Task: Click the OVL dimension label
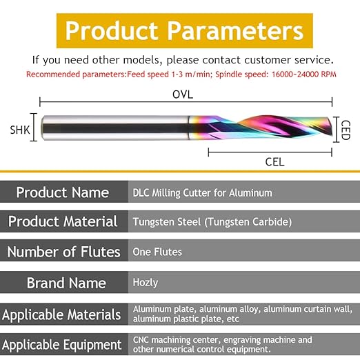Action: pyautogui.click(x=183, y=94)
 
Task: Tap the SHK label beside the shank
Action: pyautogui.click(x=20, y=130)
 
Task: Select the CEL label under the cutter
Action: pyautogui.click(x=274, y=162)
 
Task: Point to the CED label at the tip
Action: pyautogui.click(x=346, y=130)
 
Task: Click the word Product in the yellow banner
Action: pyautogui.click(x=112, y=31)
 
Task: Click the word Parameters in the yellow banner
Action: pyautogui.click(x=235, y=31)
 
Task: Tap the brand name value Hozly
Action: pyautogui.click(x=146, y=283)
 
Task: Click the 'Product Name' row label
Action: pyautogui.click(x=63, y=192)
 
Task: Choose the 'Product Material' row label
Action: pyautogui.click(x=63, y=221)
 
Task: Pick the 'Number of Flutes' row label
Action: pyautogui.click(x=63, y=252)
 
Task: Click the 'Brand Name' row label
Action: pyautogui.click(x=66, y=283)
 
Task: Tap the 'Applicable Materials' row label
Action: pyautogui.click(x=61, y=314)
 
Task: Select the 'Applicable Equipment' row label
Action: pyautogui.click(x=61, y=345)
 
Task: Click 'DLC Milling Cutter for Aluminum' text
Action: pyautogui.click(x=202, y=192)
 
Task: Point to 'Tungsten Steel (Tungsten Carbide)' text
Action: pyautogui.click(x=212, y=222)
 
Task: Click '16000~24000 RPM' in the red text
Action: pyautogui.click(x=304, y=74)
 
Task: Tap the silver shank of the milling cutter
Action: pyautogui.click(x=115, y=128)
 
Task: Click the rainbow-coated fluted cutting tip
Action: pyautogui.click(x=261, y=128)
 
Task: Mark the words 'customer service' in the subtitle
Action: pyautogui.click(x=289, y=60)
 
